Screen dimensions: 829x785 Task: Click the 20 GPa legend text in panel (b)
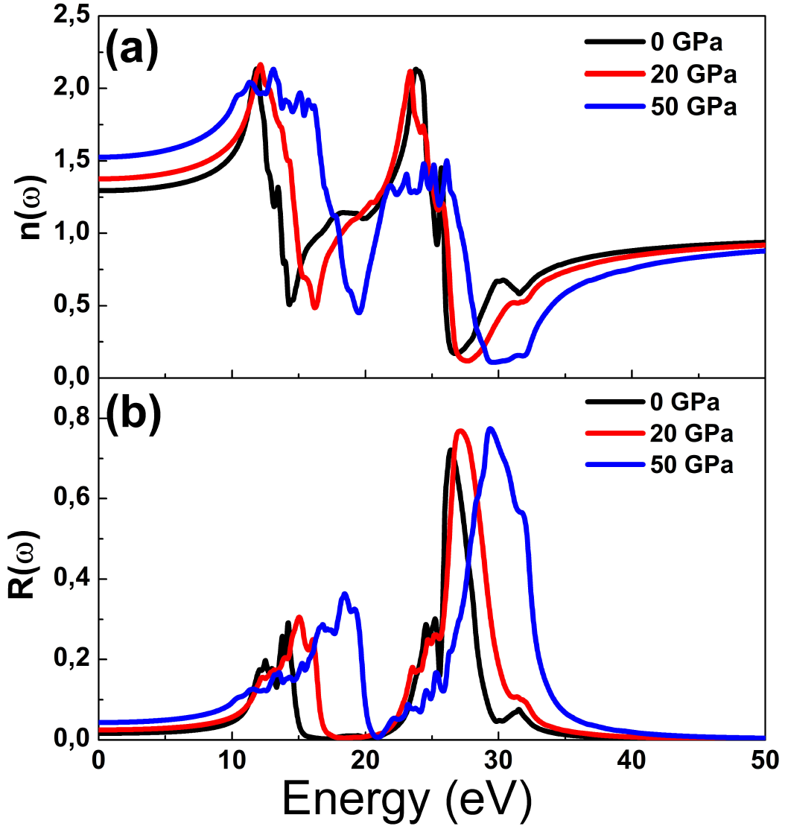693,433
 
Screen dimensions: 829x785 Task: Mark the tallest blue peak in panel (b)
490,428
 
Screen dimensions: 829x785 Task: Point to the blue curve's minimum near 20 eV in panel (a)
360,312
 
